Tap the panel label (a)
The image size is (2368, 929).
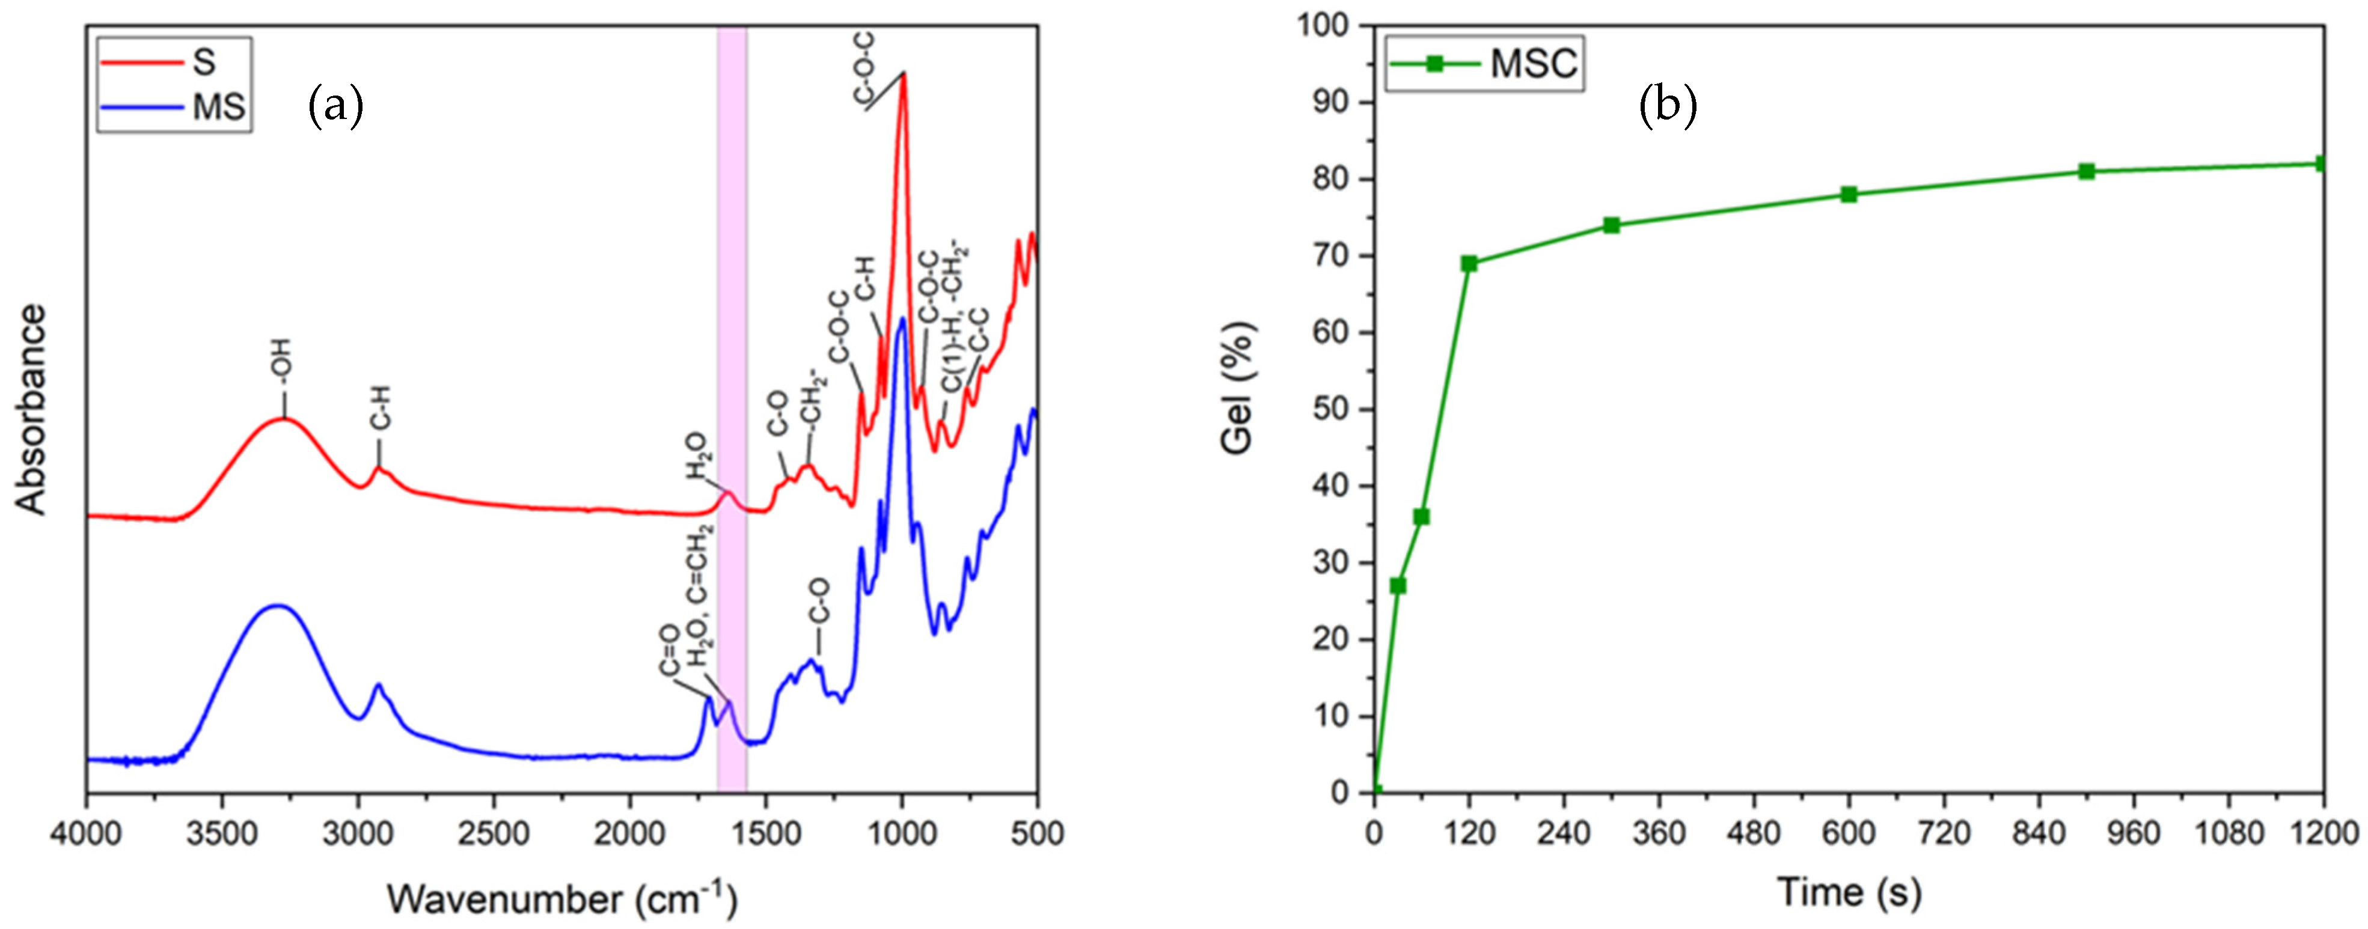pyautogui.click(x=335, y=106)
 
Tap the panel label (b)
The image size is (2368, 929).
pyautogui.click(x=1668, y=106)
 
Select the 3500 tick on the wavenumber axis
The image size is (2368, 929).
pyautogui.click(x=222, y=833)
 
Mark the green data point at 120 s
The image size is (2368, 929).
pyautogui.click(x=1469, y=264)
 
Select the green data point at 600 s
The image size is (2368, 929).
pyautogui.click(x=1849, y=194)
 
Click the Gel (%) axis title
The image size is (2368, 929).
pyautogui.click(x=1238, y=388)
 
